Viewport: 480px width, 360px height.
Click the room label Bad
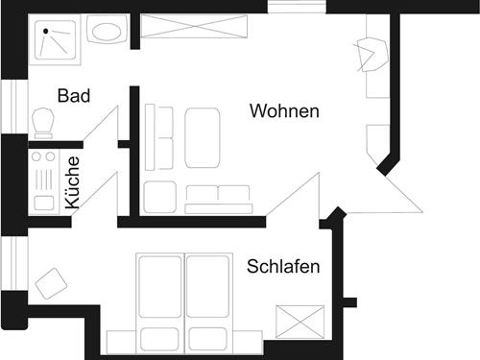pos(73,96)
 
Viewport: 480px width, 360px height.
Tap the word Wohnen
pos(284,111)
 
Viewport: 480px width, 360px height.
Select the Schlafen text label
pos(283,266)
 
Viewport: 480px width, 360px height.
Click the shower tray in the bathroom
pos(59,40)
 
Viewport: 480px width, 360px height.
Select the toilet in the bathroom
pos(42,123)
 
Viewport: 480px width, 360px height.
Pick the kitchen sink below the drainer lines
pos(43,203)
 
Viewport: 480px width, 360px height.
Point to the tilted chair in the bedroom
pos(51,283)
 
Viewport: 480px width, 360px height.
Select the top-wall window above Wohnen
pos(297,7)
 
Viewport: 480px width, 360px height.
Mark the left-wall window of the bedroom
pos(14,267)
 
